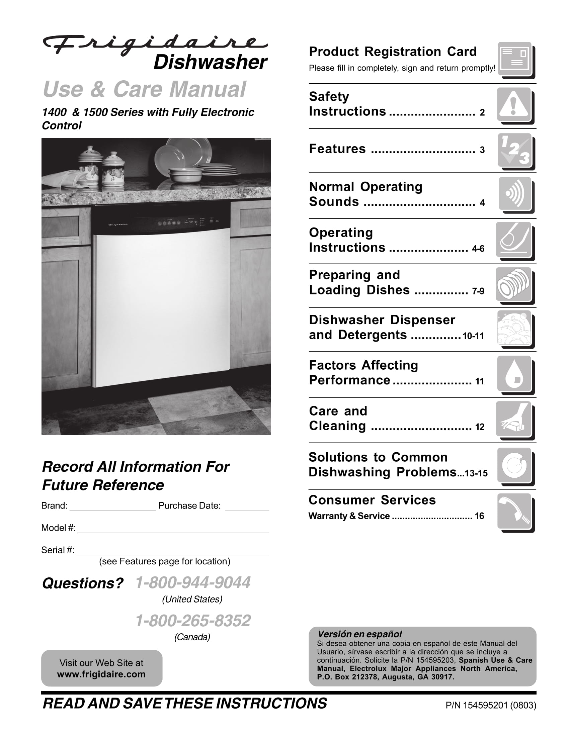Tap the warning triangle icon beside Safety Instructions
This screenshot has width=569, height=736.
click(x=513, y=104)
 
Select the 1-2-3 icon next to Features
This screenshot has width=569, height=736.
click(x=515, y=150)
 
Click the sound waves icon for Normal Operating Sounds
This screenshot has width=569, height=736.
click(x=515, y=194)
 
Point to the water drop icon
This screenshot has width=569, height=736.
click(x=514, y=374)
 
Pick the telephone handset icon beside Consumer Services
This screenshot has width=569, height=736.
click(x=514, y=511)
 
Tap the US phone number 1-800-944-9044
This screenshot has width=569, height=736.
click(x=193, y=583)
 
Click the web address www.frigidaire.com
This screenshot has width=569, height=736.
click(x=101, y=674)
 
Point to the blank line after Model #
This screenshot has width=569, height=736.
click(x=173, y=530)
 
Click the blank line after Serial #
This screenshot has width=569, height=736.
click(x=173, y=552)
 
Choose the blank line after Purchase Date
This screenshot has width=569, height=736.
click(x=247, y=508)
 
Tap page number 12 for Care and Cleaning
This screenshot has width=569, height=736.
click(x=479, y=427)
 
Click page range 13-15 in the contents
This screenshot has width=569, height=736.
click(x=476, y=473)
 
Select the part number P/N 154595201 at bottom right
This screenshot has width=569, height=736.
click(x=490, y=705)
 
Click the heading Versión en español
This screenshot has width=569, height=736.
click(x=360, y=634)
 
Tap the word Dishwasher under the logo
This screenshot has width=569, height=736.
click(x=210, y=62)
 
